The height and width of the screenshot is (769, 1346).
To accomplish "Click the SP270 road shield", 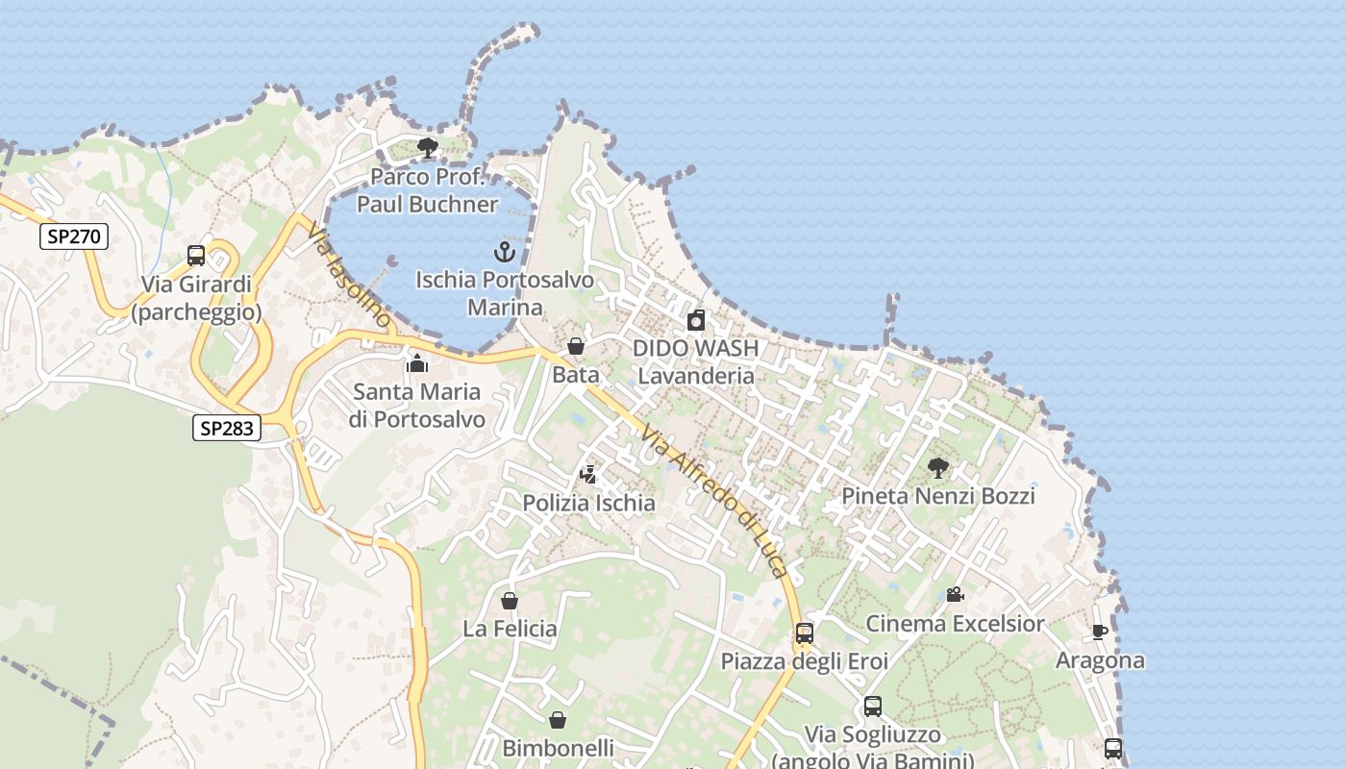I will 74,236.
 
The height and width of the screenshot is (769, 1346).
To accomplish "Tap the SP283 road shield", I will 227,428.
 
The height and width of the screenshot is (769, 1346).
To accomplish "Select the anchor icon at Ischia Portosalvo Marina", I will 505,253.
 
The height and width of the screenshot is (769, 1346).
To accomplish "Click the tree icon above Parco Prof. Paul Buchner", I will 428,148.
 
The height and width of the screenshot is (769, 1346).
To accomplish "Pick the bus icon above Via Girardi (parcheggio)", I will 196,256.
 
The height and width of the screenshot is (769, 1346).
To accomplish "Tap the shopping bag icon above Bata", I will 576,346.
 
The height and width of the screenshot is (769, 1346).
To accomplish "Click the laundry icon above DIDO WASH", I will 696,320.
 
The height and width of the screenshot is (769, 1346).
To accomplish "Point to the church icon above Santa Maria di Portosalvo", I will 417,363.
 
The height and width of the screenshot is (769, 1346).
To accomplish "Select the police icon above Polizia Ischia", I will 588,474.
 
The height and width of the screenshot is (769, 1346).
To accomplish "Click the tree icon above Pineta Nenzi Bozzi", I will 938,468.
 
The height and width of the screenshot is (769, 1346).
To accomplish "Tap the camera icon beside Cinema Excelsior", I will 955,595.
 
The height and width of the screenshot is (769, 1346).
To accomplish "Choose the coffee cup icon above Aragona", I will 1100,633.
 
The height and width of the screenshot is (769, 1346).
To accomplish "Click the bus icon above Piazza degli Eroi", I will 804,633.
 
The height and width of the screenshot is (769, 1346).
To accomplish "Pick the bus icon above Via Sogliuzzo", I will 873,707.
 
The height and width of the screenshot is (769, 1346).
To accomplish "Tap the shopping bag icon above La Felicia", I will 510,601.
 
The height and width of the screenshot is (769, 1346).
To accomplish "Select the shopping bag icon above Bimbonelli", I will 558,720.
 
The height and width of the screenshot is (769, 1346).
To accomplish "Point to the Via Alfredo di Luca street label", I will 715,502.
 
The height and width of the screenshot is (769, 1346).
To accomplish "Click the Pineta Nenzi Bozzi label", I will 938,496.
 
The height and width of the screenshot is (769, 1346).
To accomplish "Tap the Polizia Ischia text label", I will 588,503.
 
